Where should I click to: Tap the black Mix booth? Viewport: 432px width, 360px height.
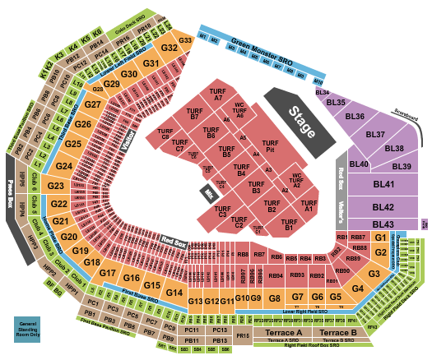coord(209,193)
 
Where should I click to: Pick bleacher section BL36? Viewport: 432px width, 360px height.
coord(355,117)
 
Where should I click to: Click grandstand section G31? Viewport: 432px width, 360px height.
coord(151,63)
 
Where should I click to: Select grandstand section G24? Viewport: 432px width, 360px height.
coord(64,166)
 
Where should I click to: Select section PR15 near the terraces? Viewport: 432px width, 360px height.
coord(243,335)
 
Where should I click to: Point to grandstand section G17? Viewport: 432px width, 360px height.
coord(108,273)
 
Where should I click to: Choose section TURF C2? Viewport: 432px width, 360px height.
coord(239,222)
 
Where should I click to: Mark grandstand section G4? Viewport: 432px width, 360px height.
coord(358,288)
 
